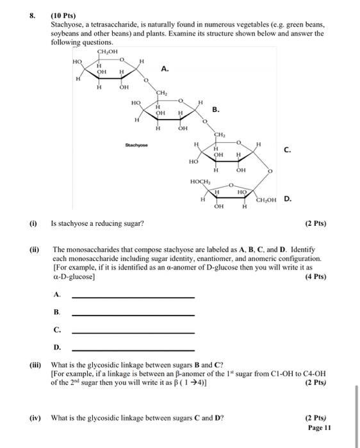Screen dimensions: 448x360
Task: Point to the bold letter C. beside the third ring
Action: click(x=287, y=150)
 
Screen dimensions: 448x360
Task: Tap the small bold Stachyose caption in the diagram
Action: click(x=138, y=146)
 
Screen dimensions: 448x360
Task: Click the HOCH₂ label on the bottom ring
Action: click(x=200, y=182)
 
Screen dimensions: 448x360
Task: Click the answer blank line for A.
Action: click(x=133, y=297)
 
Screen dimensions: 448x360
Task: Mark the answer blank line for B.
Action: click(x=133, y=314)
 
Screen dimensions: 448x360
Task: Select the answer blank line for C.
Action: click(x=133, y=332)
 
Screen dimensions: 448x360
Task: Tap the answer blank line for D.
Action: click(x=133, y=349)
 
